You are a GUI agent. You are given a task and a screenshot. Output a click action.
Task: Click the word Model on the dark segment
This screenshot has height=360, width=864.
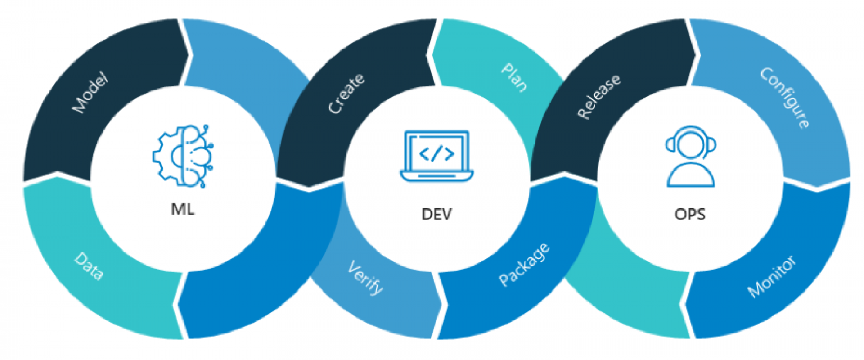[90, 92]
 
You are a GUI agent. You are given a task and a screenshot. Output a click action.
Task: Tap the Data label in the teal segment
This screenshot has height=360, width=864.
[89, 266]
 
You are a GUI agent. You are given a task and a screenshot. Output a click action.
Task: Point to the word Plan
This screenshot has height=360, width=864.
[514, 77]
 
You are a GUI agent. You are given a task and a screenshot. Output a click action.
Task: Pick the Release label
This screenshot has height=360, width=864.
[599, 96]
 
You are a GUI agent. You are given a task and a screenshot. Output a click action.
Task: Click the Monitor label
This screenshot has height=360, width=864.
[771, 276]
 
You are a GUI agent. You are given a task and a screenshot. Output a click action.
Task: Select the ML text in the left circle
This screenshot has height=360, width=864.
[183, 209]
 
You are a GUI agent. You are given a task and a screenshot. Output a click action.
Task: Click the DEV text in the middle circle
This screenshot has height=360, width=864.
[436, 214]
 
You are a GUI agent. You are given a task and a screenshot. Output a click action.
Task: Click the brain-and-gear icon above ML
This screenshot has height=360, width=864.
[183, 156]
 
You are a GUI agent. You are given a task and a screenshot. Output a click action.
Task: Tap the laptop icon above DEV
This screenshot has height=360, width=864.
[436, 156]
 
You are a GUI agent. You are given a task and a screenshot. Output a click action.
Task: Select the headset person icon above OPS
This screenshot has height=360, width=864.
[691, 156]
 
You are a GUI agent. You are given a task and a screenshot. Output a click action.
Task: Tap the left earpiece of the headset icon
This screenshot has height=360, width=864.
[670, 145]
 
